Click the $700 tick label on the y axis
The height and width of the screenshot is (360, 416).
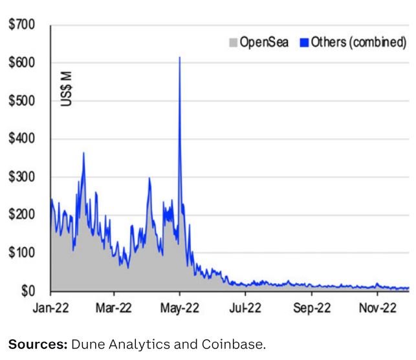pos(21,26)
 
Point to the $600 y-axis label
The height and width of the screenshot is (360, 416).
pos(21,63)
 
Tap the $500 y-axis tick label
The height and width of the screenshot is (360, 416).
pos(21,101)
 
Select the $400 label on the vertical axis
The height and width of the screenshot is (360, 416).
pos(21,139)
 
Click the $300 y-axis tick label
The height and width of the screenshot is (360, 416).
pos(21,177)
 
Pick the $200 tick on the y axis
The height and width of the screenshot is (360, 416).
pos(21,215)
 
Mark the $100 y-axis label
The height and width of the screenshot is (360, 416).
pos(21,253)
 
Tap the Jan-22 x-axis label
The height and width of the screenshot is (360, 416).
pos(50,308)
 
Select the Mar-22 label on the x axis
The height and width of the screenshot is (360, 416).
pos(114,308)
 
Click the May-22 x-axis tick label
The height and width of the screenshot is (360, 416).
pos(180,308)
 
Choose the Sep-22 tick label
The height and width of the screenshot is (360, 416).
pos(312,308)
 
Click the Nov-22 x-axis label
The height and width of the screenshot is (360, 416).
pos(378,308)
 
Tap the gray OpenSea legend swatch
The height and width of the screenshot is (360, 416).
pos(234,43)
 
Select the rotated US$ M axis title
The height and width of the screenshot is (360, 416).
pos(67,89)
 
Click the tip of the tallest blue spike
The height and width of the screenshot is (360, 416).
pos(179,58)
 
